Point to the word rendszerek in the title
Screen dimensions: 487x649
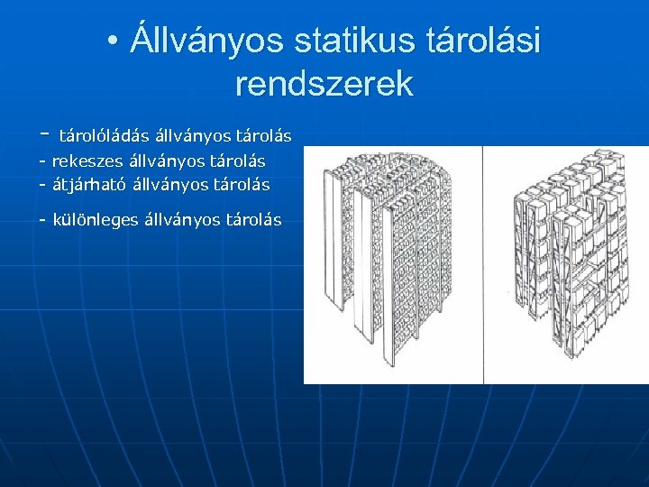[x=324, y=84]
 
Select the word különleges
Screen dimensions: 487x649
[x=96, y=219]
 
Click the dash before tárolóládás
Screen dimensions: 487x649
[x=44, y=135]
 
